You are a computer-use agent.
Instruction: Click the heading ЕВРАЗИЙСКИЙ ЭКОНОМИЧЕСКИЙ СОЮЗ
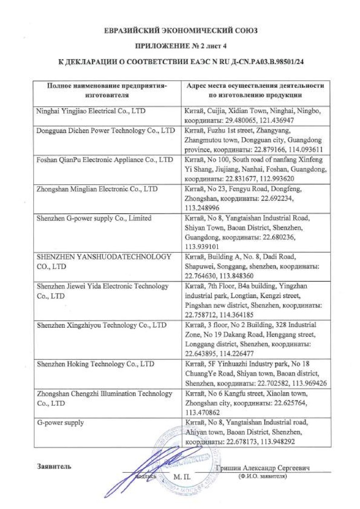[x=180, y=31]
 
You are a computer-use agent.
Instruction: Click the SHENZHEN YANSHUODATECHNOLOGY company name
[x=104, y=261]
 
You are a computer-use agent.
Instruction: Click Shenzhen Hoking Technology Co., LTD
[x=95, y=364]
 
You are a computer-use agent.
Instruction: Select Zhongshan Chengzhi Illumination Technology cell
[x=104, y=398]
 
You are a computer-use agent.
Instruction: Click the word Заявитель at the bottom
[x=54, y=467]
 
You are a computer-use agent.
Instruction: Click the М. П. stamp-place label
[x=182, y=477]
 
